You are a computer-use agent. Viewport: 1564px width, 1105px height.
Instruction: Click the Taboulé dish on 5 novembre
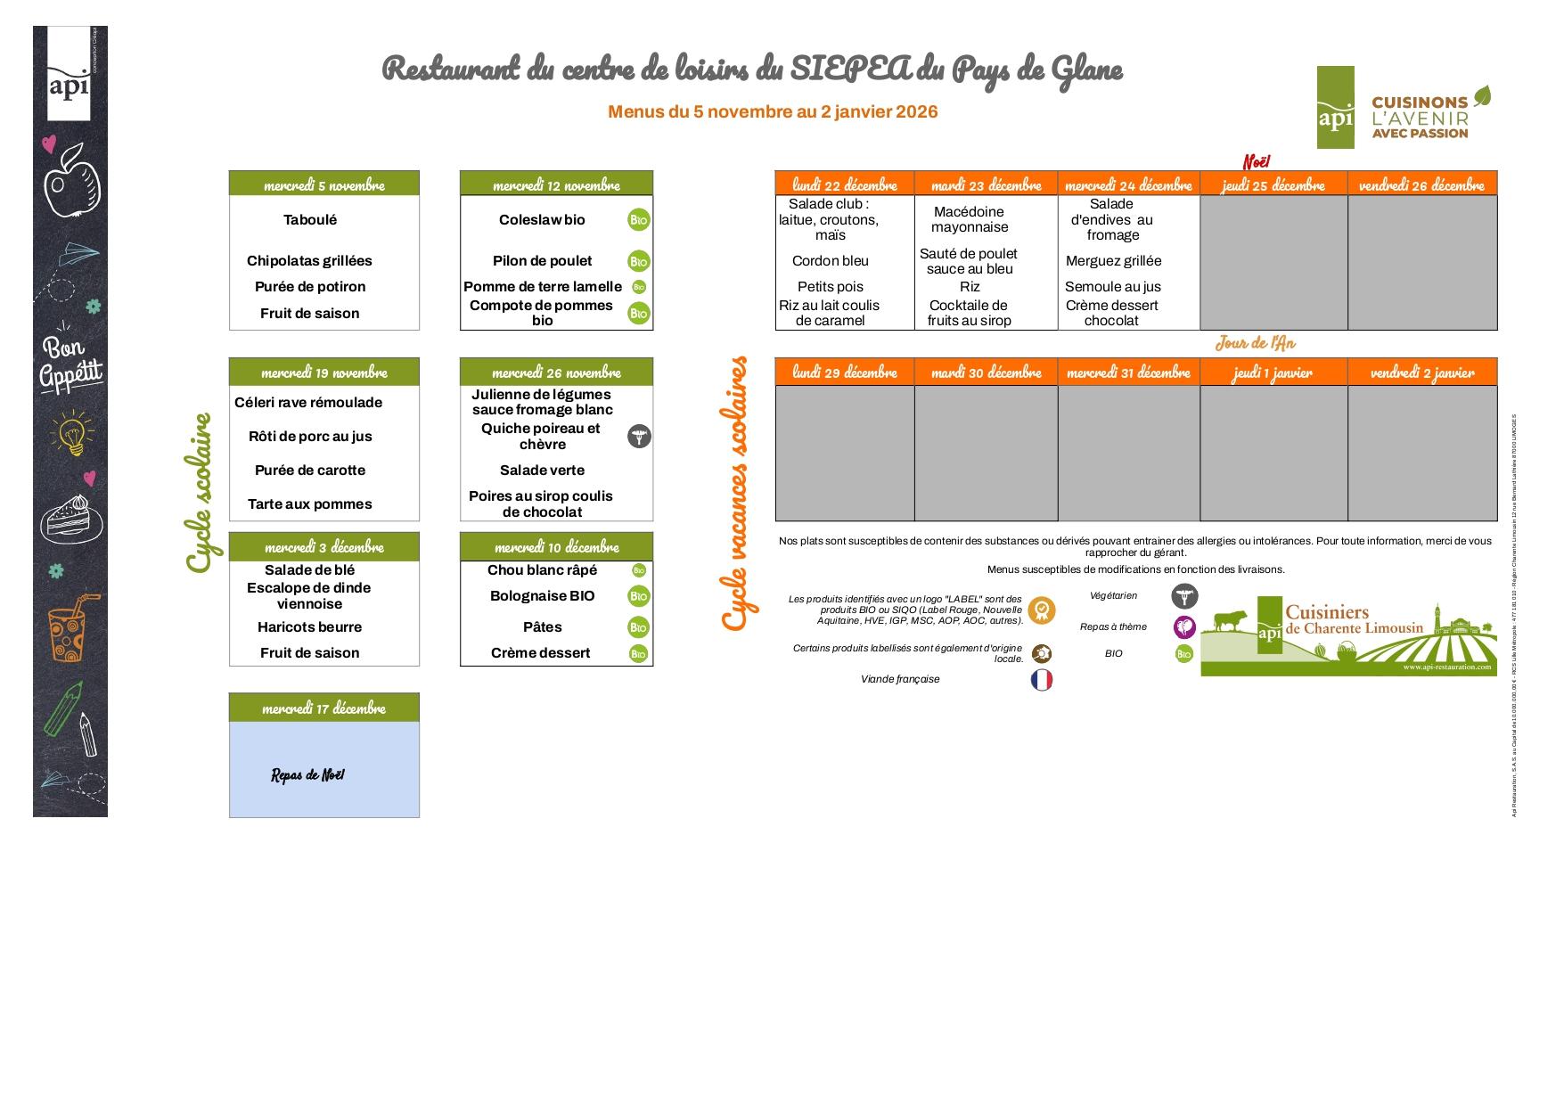pos(310,220)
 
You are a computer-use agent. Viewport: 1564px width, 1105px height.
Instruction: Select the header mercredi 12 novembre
pos(556,184)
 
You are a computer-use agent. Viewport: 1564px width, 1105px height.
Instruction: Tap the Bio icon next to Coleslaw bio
pos(638,220)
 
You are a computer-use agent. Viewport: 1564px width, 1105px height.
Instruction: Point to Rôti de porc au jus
pos(310,437)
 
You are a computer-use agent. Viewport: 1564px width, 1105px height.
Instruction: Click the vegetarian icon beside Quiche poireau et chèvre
pos(639,437)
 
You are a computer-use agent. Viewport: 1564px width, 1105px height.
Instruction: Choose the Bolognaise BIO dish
pos(542,596)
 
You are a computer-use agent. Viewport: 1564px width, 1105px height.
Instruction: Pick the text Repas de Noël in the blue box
pos(307,775)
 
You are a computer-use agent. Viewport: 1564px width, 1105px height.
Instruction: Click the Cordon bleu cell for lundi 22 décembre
pos(830,261)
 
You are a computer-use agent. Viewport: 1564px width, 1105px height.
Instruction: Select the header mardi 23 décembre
pos(986,184)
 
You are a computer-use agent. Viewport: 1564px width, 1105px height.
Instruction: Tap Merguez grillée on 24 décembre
pos(1113,261)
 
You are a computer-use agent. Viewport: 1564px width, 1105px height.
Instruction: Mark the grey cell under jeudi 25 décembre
pos(1273,263)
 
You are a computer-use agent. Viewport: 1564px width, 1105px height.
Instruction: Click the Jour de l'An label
pos(1255,343)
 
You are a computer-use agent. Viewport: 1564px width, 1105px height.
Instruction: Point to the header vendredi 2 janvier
pos(1421,372)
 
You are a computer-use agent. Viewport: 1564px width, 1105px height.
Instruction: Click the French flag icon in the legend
pos(1041,680)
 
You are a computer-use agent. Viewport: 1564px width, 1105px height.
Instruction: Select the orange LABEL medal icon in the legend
pos(1041,610)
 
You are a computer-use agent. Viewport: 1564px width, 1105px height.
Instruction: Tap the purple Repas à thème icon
pos(1183,627)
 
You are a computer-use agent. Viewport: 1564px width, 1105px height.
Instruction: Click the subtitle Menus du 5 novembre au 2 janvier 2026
pos(773,111)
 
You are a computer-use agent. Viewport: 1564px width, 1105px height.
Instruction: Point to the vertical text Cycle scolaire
pos(200,493)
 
